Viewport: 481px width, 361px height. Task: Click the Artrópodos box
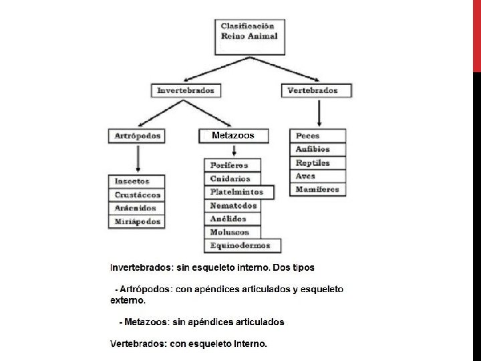tap(138, 136)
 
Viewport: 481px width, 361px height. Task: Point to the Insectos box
tap(137, 181)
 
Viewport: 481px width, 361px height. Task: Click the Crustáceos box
tap(137, 195)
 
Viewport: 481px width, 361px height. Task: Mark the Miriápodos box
tap(137, 221)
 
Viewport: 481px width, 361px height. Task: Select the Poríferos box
tap(233, 165)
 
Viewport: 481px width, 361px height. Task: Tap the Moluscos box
tap(233, 232)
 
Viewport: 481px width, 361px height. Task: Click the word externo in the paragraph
tap(128, 301)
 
